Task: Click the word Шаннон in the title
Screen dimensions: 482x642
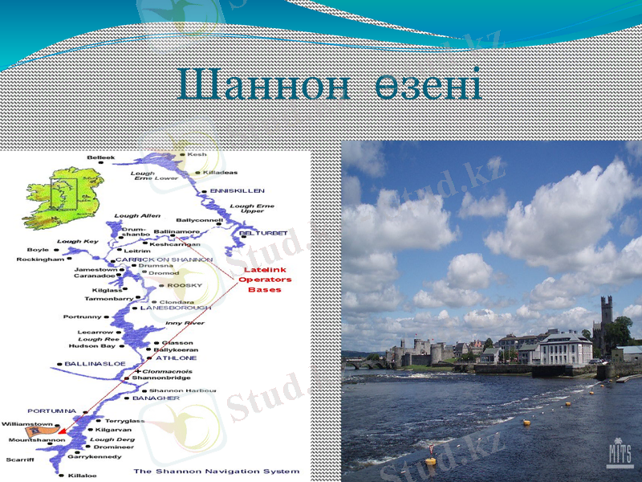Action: (x=262, y=84)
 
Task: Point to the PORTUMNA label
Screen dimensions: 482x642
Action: (x=51, y=411)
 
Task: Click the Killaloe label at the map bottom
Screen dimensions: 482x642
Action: (x=82, y=475)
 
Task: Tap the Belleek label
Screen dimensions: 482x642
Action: (x=101, y=157)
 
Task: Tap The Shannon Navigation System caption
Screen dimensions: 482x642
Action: (x=216, y=471)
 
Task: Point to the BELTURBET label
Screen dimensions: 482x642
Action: (x=263, y=233)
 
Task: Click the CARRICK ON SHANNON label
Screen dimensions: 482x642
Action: (x=165, y=259)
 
